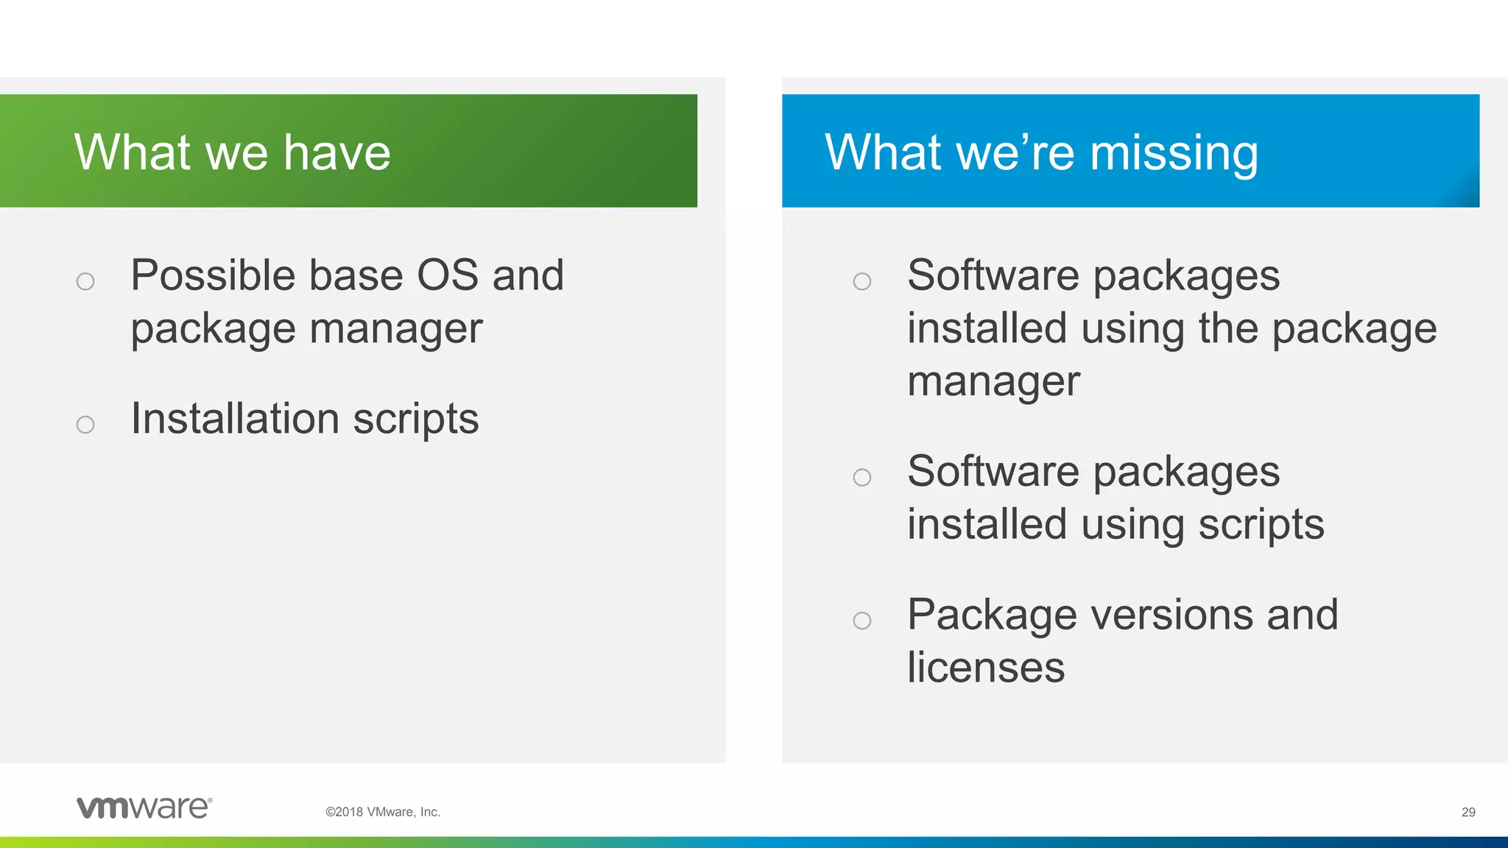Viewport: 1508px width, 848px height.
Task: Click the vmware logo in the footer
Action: click(144, 808)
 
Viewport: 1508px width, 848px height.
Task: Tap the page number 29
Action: click(1468, 812)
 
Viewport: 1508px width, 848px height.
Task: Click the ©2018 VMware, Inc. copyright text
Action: click(382, 812)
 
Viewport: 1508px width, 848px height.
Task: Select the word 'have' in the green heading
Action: click(337, 152)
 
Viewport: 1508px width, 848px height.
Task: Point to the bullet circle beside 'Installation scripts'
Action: click(85, 425)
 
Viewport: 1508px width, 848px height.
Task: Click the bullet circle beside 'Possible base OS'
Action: click(85, 281)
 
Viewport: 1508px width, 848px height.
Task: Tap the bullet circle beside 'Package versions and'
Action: click(862, 621)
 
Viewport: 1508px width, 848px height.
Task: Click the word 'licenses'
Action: click(986, 667)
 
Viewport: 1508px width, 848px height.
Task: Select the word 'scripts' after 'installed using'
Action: click(1261, 526)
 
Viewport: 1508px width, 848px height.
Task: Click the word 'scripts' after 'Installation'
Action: click(416, 420)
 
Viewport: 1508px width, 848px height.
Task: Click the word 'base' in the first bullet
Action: click(356, 275)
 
